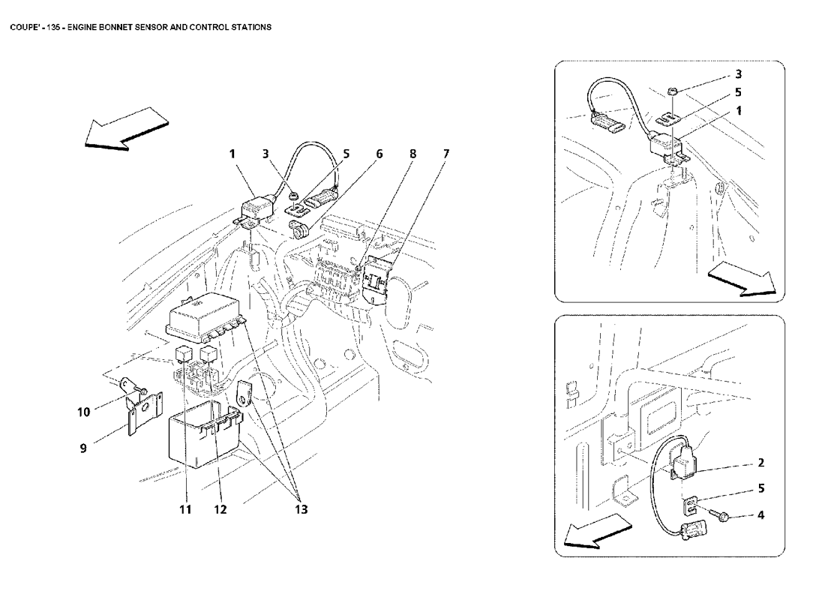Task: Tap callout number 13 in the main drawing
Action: click(x=301, y=509)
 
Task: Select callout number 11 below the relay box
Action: click(x=184, y=509)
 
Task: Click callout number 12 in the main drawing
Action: click(x=220, y=509)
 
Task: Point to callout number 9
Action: click(x=83, y=448)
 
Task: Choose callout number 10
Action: click(x=84, y=412)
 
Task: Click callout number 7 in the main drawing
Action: click(x=446, y=154)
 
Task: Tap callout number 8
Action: click(x=412, y=154)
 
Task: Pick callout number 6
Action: click(x=379, y=154)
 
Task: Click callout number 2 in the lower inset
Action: click(x=760, y=463)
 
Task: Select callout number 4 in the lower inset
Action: click(x=760, y=514)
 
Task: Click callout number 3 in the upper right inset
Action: click(x=738, y=74)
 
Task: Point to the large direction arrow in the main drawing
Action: click(x=126, y=129)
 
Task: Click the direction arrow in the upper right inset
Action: click(x=742, y=279)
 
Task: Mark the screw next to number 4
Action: click(x=716, y=514)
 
